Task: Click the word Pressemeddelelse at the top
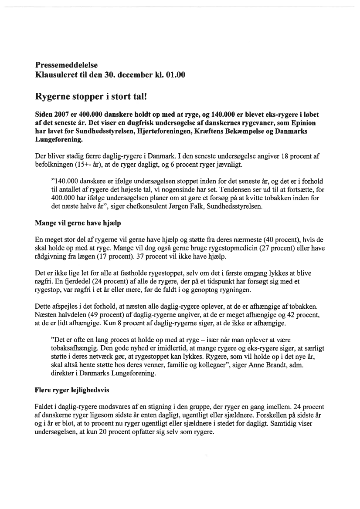[66, 65]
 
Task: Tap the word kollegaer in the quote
[207, 365]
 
